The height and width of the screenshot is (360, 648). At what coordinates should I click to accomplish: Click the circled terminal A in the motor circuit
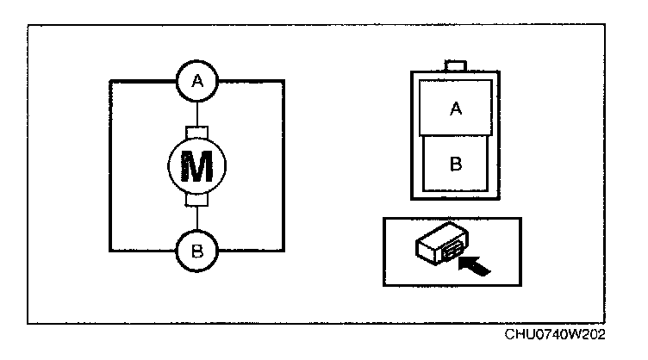point(198,81)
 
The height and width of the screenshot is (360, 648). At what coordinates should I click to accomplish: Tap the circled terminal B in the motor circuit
point(198,251)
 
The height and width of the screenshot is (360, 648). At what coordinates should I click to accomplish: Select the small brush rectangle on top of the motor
point(199,132)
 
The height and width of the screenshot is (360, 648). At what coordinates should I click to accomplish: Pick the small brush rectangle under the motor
point(199,201)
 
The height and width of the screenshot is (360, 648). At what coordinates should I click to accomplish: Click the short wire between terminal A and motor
point(199,114)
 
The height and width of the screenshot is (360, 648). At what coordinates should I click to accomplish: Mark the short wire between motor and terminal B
point(199,220)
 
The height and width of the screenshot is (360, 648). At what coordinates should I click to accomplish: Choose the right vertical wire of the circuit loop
point(284,166)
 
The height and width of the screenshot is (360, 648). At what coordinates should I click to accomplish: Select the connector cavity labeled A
point(456,108)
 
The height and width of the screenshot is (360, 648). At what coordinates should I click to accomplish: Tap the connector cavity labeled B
point(456,164)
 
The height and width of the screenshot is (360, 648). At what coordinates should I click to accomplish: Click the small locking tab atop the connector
point(456,65)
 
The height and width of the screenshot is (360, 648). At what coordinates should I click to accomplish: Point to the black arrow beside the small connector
point(477,261)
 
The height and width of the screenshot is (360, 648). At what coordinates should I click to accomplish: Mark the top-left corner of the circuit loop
point(112,81)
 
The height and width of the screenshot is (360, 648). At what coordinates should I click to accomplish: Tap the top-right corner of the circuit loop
point(284,81)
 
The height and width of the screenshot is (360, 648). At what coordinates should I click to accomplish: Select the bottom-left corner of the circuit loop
point(112,251)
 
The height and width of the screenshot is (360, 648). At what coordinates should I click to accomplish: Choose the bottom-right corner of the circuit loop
point(284,251)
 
